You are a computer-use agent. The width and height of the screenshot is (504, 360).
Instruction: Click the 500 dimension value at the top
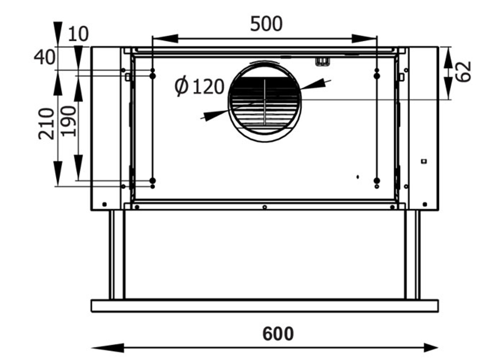(267, 24)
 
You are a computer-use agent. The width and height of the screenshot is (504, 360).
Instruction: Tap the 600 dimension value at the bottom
(278, 333)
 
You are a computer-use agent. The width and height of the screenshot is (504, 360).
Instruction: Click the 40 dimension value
(44, 57)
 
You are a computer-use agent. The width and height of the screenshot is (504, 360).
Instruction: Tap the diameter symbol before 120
(181, 87)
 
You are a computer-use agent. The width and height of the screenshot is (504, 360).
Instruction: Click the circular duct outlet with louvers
(265, 102)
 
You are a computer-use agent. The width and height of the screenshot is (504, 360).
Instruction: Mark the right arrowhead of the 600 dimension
(430, 347)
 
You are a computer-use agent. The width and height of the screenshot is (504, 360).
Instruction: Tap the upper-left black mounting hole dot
(152, 76)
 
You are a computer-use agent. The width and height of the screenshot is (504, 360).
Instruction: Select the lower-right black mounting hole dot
(376, 180)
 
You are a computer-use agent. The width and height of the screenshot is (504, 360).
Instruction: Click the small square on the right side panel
(424, 161)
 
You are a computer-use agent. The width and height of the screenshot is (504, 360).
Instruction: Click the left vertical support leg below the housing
(117, 255)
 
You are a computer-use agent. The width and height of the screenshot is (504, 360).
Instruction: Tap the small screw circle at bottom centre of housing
(264, 207)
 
